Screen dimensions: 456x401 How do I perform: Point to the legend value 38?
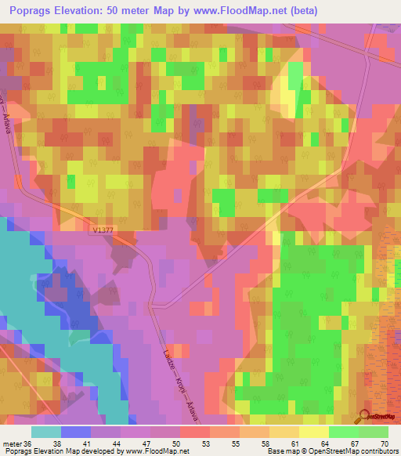pos(76,443)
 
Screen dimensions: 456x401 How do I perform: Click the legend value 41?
pos(106,443)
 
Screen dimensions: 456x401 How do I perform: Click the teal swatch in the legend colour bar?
pos(46,432)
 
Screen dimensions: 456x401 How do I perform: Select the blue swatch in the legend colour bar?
pos(76,432)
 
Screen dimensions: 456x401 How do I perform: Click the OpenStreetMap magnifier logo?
pos(365,416)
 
